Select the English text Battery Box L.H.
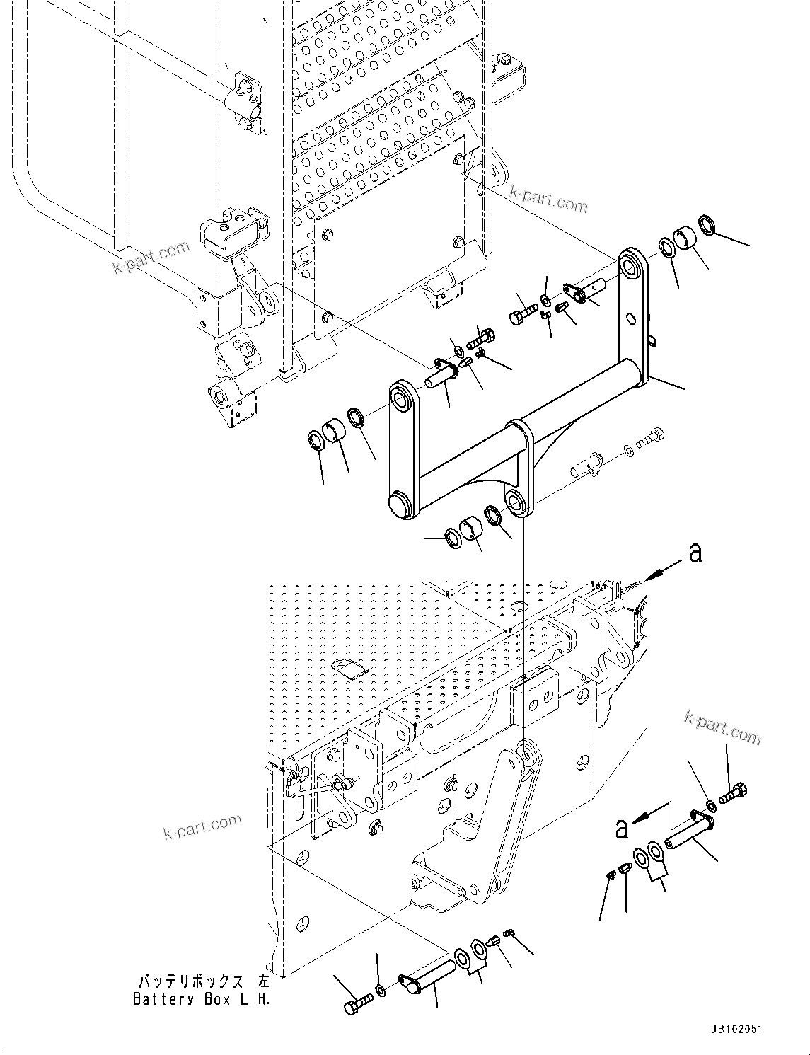click(202, 999)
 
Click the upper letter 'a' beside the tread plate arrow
click(695, 552)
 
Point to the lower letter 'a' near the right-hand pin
click(621, 829)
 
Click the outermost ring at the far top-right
click(707, 225)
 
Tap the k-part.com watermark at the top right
click(548, 204)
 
